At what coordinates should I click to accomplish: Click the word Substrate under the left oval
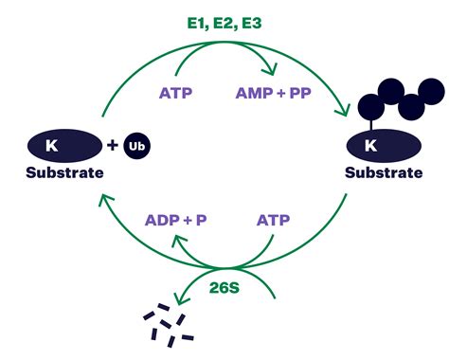point(63,172)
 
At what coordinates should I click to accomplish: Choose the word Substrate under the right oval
point(383,172)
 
